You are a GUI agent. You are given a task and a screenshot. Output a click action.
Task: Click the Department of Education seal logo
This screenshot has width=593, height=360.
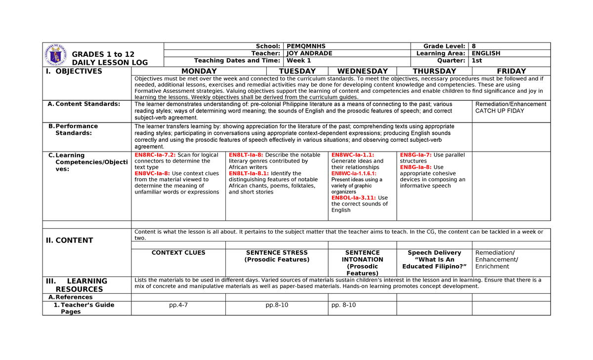56,54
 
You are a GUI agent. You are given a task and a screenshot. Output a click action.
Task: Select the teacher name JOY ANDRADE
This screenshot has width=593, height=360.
309,53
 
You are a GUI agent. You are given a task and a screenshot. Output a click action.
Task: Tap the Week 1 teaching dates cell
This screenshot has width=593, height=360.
298,61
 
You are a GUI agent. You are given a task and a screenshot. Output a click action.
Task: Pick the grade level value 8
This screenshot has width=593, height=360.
474,46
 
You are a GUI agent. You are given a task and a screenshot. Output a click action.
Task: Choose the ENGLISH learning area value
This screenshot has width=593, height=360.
486,53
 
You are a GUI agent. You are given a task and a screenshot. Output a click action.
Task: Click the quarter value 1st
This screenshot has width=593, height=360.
477,61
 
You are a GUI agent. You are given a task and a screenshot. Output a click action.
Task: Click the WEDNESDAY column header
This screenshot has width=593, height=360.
362,71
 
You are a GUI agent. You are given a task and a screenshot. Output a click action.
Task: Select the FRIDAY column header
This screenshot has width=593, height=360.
511,71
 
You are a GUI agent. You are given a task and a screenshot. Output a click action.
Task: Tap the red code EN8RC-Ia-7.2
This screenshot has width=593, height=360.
155,155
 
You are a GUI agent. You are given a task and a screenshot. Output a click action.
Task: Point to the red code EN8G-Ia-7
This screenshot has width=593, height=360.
415,155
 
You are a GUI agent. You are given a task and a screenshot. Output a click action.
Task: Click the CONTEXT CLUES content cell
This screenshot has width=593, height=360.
178,253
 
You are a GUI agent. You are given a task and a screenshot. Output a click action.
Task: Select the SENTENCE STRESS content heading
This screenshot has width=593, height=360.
277,253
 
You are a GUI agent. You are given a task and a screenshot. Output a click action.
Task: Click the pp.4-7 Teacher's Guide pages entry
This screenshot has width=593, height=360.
178,305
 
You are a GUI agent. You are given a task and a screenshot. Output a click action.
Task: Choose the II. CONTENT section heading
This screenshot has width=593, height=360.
69,240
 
